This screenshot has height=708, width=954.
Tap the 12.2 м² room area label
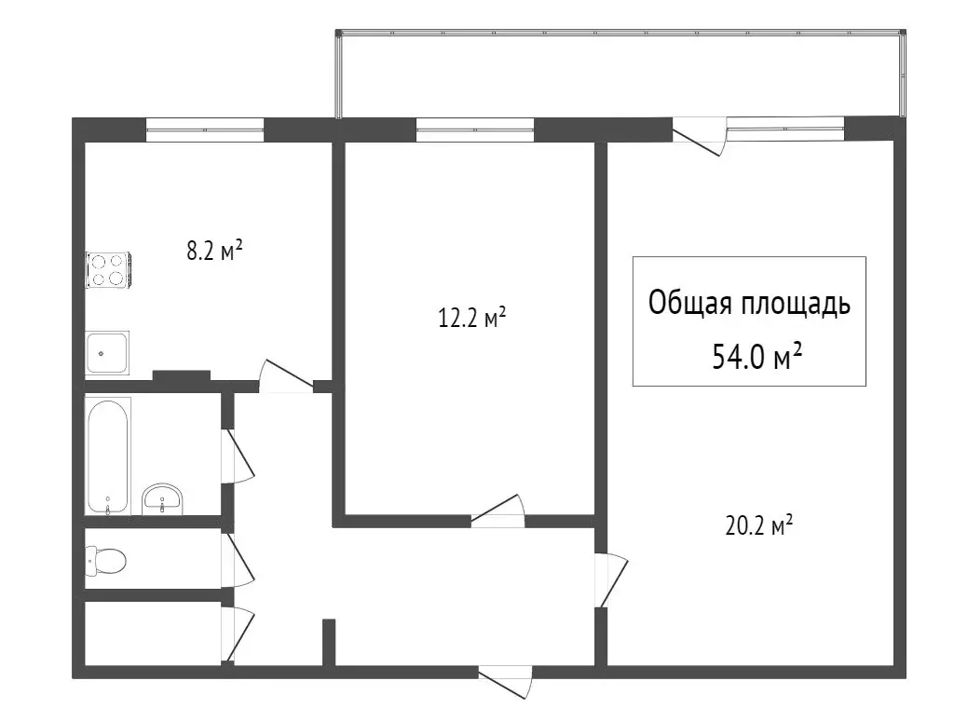tap(472, 320)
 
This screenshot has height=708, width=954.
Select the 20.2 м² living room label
tap(758, 527)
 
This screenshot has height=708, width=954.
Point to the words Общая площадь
tap(749, 304)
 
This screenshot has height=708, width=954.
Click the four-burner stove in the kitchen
tap(108, 268)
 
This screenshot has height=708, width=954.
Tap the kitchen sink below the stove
tap(107, 352)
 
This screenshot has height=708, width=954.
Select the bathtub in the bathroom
tap(108, 456)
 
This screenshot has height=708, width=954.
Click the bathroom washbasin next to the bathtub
tap(163, 499)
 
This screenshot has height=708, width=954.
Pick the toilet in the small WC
tap(105, 560)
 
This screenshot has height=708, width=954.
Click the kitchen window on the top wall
tap(205, 129)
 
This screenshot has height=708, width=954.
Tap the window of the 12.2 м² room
tap(474, 129)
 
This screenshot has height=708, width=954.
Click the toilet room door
tap(239, 560)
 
